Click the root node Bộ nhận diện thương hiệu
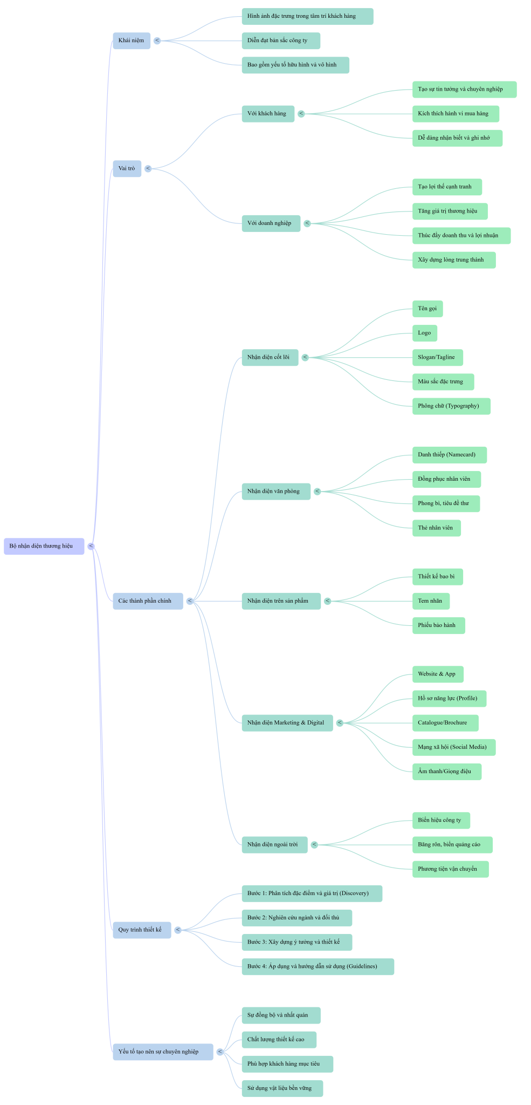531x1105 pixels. (x=44, y=546)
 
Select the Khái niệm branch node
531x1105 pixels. (x=132, y=40)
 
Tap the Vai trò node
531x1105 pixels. (x=127, y=168)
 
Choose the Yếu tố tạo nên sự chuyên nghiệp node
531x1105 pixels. (x=163, y=1052)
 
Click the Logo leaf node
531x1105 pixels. (x=425, y=333)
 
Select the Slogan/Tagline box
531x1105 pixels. (x=438, y=357)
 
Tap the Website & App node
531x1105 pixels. (x=438, y=674)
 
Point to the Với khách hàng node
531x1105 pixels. (x=268, y=114)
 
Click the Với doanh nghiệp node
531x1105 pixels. (x=271, y=223)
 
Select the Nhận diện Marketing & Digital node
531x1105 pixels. (x=287, y=723)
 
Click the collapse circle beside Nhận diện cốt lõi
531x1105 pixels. (x=305, y=357)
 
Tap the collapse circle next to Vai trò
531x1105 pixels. (x=148, y=168)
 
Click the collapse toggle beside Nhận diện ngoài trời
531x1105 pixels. (x=314, y=844)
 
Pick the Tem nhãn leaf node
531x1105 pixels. (x=431, y=601)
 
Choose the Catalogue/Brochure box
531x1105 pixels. (x=445, y=723)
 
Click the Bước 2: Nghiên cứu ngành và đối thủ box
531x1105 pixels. (x=297, y=918)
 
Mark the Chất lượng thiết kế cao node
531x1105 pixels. (x=279, y=1040)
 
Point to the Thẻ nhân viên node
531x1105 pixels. (x=437, y=528)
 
